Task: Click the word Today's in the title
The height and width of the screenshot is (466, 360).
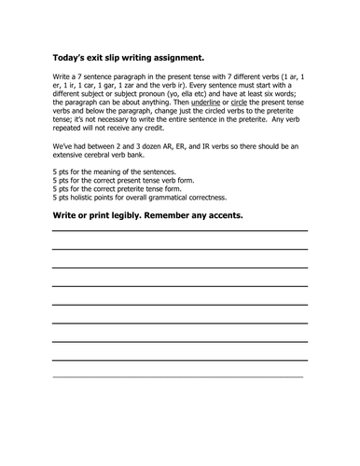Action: coord(70,55)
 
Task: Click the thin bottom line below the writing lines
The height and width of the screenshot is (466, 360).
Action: coord(179,376)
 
